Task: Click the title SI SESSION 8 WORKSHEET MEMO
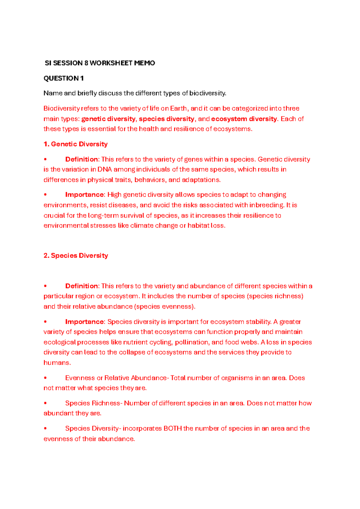(100, 63)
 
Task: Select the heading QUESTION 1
(64, 78)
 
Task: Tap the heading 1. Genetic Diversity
(76, 144)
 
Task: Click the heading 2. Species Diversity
(76, 255)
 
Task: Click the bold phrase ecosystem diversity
(244, 119)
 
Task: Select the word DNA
(105, 169)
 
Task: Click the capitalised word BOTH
(172, 428)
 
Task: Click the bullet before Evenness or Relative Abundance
(45, 378)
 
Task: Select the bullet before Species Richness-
(45, 403)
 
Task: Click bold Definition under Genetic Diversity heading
(82, 159)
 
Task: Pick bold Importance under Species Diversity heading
(85, 322)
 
